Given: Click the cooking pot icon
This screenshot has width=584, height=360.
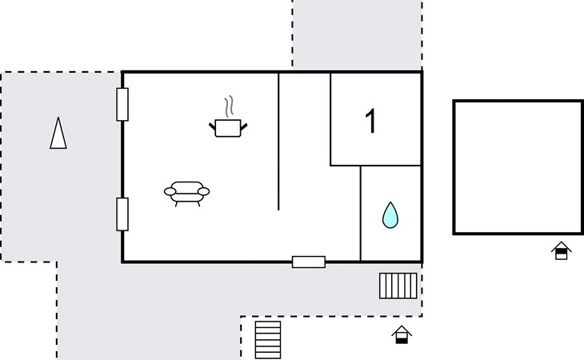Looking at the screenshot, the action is (x=228, y=128).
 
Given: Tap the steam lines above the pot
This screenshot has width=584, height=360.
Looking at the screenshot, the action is (x=230, y=106).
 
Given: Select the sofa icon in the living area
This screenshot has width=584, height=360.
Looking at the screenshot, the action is (x=187, y=193).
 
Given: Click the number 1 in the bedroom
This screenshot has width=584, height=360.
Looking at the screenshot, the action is (x=370, y=121).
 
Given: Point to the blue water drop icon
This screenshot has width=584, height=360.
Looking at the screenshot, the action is (x=390, y=215).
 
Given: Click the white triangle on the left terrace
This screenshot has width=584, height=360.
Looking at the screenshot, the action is (x=58, y=134).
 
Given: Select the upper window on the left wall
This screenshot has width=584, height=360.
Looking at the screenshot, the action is (x=122, y=104).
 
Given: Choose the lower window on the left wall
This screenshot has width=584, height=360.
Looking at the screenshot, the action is (x=122, y=214).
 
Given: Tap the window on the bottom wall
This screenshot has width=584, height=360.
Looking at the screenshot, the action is (x=309, y=262).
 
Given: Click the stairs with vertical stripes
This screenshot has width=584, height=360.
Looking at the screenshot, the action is (x=398, y=286).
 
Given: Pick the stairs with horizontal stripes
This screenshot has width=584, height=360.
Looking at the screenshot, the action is (x=268, y=340).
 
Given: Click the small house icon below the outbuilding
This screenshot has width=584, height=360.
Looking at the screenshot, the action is (x=562, y=250).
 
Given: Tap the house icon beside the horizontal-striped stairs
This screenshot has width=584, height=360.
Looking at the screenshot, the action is (x=402, y=334).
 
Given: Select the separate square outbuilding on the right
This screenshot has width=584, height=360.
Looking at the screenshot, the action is (x=518, y=100).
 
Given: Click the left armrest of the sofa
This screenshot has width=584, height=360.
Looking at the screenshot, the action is (x=170, y=191).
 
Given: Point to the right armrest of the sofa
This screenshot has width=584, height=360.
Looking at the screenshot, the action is (x=204, y=191).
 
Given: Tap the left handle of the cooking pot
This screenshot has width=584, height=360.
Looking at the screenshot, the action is (x=212, y=126).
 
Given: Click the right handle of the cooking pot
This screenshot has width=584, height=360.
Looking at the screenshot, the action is (x=244, y=127).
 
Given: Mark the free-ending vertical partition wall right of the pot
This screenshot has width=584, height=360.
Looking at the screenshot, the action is (x=278, y=142).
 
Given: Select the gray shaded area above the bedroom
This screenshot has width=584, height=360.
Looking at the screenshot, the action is (x=357, y=34).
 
